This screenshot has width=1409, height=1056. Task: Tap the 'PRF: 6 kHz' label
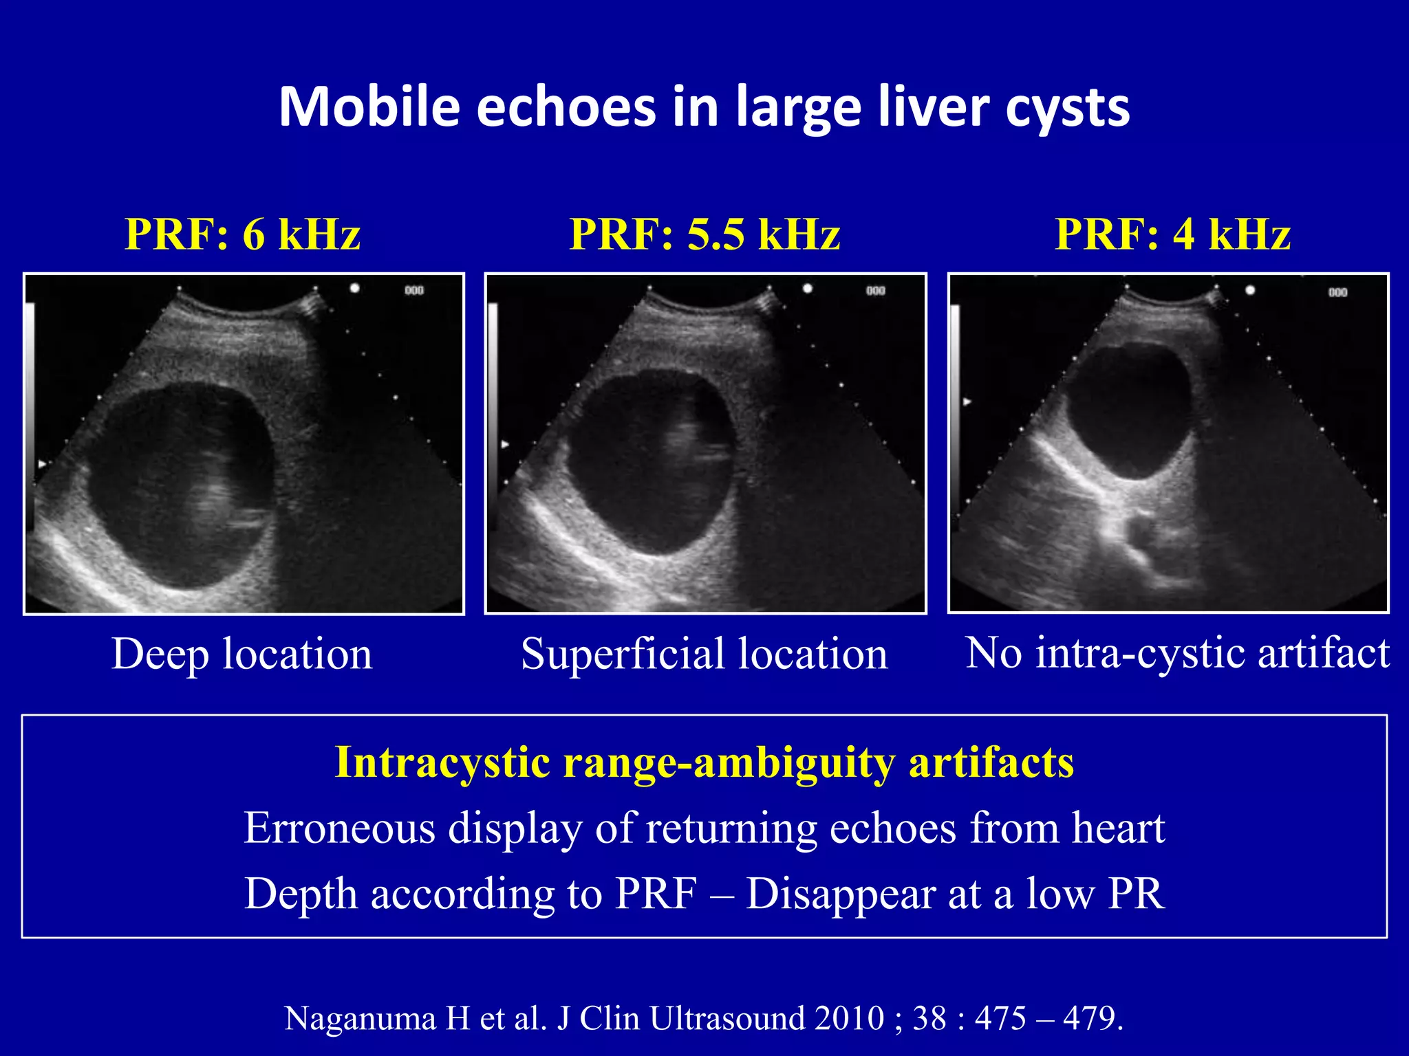tap(242, 234)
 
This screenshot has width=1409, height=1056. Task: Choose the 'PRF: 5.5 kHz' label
tap(705, 234)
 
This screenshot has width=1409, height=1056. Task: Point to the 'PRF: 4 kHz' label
tap(1173, 234)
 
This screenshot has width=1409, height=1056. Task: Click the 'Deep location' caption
tap(242, 653)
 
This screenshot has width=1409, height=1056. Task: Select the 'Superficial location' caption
tap(704, 653)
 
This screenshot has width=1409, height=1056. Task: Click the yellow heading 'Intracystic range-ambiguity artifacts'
tap(704, 762)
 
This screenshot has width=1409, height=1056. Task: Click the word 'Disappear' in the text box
tap(840, 894)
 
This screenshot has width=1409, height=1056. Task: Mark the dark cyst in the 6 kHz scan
tap(180, 481)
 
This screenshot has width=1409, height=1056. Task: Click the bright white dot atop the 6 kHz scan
tap(354, 288)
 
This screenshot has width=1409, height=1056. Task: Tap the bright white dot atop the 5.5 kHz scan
tap(808, 289)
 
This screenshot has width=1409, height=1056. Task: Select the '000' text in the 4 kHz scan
tap(1337, 292)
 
